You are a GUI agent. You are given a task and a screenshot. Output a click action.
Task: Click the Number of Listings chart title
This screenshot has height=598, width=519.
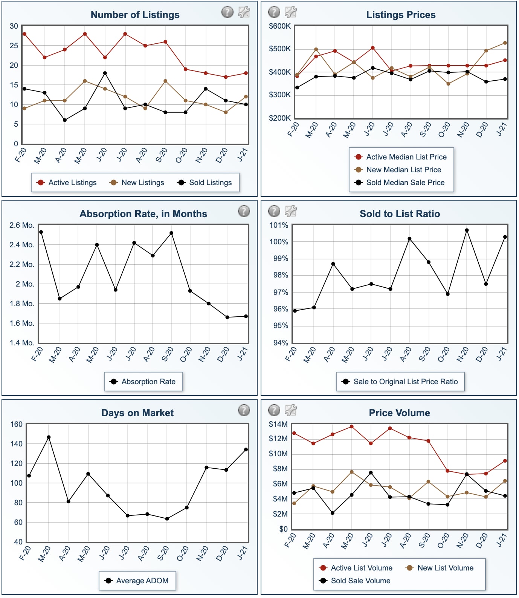point(135,15)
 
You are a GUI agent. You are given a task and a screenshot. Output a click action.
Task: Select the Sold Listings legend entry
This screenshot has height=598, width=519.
point(205,182)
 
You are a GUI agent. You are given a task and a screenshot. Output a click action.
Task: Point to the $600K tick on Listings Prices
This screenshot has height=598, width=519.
point(279,26)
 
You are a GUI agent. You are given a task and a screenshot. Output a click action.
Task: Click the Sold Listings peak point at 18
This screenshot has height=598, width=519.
point(105,73)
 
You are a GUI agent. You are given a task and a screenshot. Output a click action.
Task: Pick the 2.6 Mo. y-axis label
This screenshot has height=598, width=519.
point(22,225)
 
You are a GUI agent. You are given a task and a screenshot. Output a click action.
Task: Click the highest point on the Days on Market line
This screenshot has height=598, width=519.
point(49,437)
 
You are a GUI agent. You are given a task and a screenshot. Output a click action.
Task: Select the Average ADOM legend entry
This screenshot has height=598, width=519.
point(137,581)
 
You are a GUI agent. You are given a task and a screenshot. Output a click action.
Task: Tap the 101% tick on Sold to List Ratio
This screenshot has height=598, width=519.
point(279,225)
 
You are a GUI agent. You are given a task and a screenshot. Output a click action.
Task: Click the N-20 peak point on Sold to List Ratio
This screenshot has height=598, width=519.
point(467,230)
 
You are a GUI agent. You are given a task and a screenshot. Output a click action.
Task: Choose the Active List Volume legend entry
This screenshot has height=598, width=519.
point(356,568)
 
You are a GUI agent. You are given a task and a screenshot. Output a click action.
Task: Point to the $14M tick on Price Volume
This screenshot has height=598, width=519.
point(278,424)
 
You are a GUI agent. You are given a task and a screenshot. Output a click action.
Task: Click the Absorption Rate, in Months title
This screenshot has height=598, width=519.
point(143,214)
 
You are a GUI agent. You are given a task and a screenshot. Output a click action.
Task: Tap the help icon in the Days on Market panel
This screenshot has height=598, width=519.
point(244,410)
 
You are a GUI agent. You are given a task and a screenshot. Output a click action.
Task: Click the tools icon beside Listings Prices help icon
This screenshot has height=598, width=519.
point(290,12)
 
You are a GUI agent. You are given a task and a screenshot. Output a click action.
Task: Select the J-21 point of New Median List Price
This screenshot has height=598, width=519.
point(505,43)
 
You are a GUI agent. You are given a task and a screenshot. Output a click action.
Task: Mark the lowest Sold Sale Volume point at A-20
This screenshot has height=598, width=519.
point(332,513)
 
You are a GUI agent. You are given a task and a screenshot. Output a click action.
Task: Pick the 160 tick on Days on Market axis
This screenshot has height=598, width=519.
point(16,424)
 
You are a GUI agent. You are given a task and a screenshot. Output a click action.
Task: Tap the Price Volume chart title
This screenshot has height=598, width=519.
point(399,413)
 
